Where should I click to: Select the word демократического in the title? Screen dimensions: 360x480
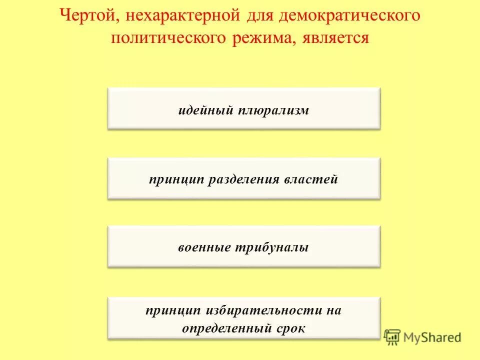point(349,16)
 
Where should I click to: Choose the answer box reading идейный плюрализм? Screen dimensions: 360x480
point(244,108)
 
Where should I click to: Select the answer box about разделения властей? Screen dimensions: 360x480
point(244,178)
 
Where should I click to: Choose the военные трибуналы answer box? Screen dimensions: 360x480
point(244,246)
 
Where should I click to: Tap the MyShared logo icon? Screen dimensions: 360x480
point(392,336)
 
